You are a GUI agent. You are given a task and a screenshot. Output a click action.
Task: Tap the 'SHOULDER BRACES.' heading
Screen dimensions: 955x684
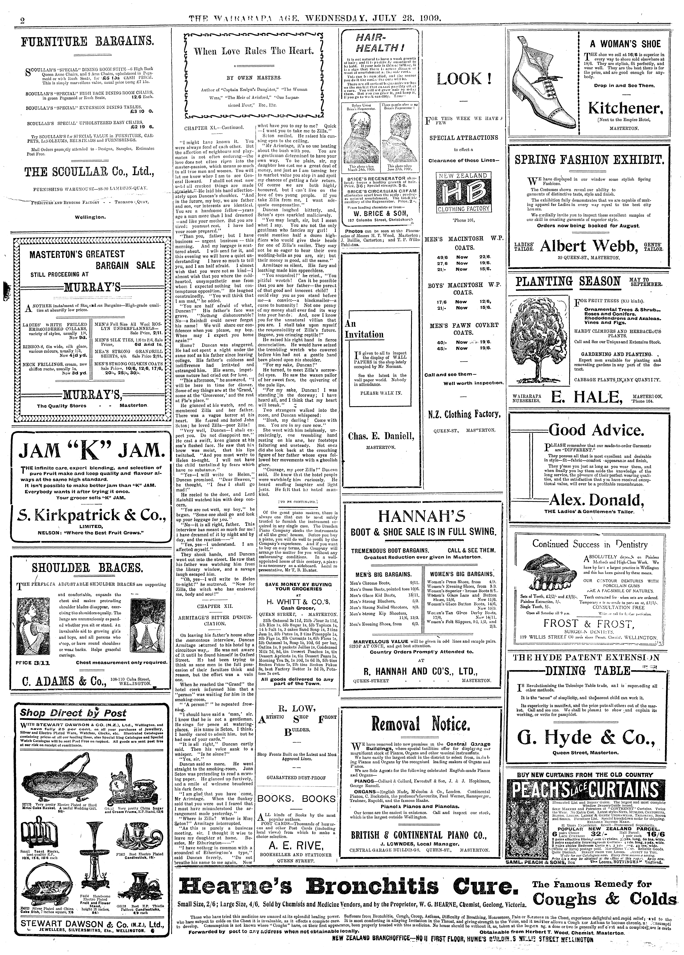coord(87,568)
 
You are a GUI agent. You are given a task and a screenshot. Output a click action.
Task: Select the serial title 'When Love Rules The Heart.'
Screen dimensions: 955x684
coord(253,52)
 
